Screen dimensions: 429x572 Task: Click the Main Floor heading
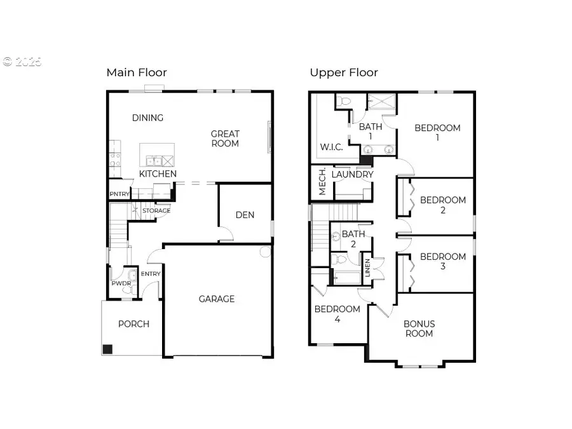[137, 72]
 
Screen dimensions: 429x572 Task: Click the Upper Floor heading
[344, 72]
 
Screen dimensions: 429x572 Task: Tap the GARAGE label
[217, 299]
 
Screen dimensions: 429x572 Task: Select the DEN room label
[245, 215]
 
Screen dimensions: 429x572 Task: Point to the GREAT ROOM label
[225, 139]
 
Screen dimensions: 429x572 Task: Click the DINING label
[147, 118]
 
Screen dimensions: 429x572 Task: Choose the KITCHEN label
[158, 174]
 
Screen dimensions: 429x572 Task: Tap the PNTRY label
[119, 194]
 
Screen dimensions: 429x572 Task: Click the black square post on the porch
[107, 349]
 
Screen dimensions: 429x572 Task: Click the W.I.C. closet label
[330, 147]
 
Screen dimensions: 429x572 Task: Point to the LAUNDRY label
[352, 174]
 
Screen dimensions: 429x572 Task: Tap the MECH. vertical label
[322, 182]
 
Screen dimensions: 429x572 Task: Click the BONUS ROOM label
[419, 329]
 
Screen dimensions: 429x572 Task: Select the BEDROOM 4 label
[337, 314]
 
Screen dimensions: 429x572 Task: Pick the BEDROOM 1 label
[437, 133]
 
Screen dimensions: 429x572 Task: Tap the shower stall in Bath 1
[381, 102]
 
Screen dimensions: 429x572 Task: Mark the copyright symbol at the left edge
[8, 62]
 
